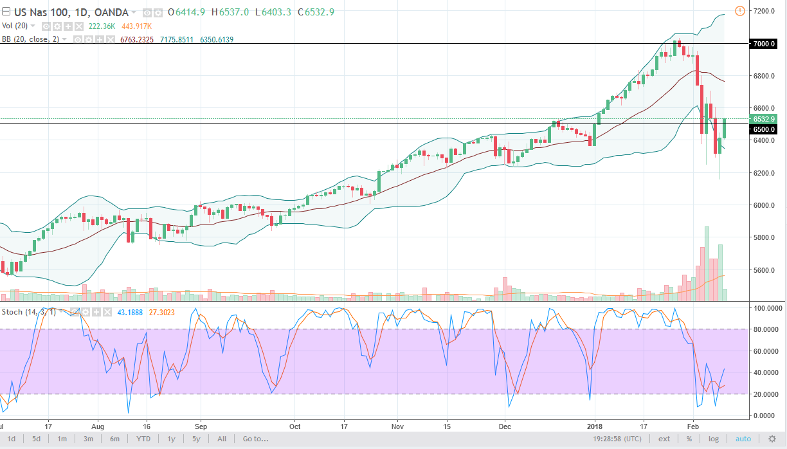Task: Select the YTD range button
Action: [x=143, y=439]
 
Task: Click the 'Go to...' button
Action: [x=255, y=439]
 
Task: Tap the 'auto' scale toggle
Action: [x=743, y=439]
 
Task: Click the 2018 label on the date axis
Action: [x=594, y=426]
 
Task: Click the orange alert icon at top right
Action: [x=739, y=10]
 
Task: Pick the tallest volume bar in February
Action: [x=707, y=264]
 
